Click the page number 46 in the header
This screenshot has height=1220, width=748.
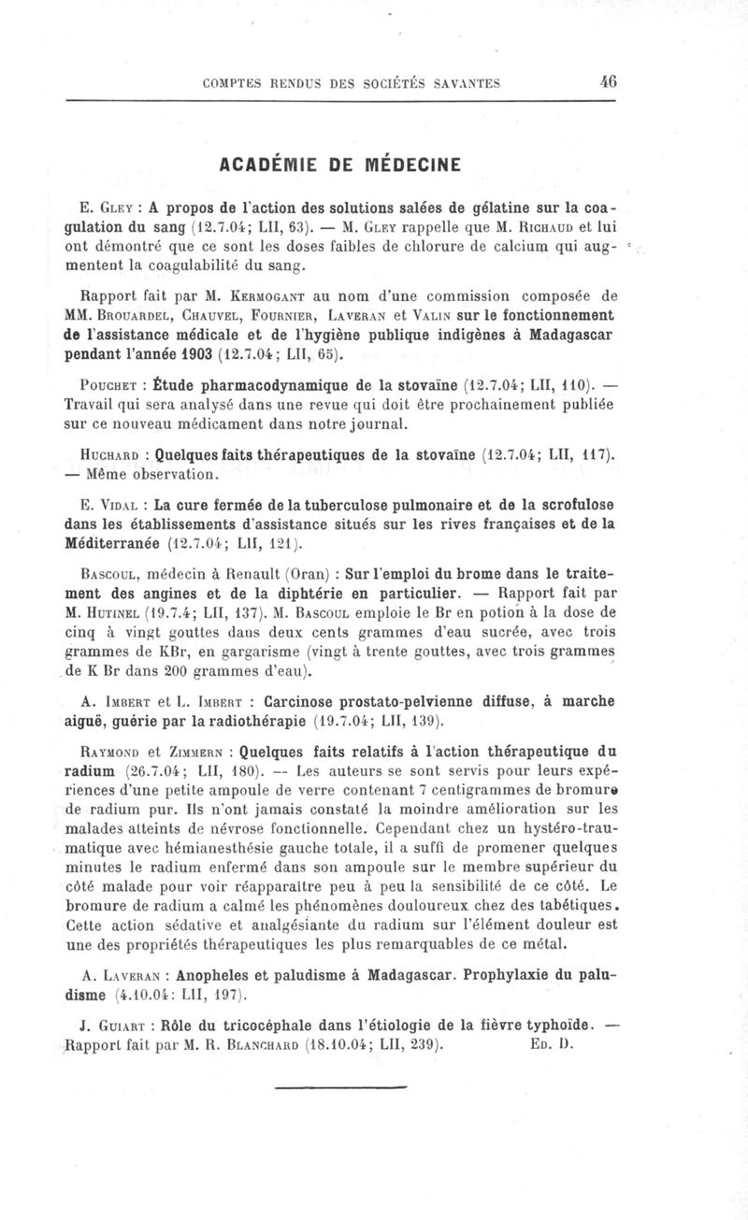click(608, 81)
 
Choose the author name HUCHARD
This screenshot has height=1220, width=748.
click(111, 455)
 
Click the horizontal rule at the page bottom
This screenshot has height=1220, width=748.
click(342, 1087)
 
